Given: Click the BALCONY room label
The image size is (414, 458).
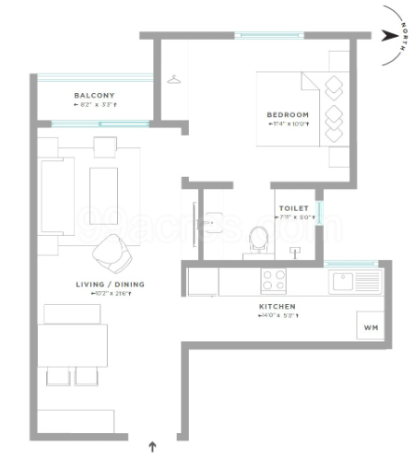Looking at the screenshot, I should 94,96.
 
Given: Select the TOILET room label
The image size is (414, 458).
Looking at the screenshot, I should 292,209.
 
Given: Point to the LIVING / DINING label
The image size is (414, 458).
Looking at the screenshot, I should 110,286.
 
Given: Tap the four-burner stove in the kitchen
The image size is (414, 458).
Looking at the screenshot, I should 274,279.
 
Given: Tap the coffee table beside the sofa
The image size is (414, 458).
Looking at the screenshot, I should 103,189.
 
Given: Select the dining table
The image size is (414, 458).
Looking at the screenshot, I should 74,345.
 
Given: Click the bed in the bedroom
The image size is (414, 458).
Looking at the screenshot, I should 304,115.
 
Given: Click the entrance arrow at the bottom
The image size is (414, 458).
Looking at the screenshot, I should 152,447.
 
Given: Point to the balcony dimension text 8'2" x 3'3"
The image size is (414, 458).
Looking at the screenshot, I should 95,106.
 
